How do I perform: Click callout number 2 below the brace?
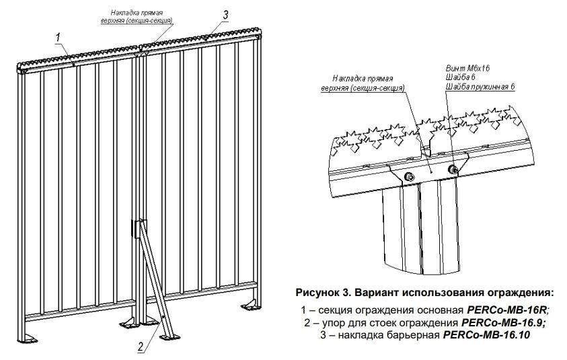click(x=140, y=348)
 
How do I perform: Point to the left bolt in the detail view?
click(x=408, y=176)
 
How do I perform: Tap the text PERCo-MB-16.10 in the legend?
click(x=486, y=334)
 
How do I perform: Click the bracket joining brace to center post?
click(x=139, y=228)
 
